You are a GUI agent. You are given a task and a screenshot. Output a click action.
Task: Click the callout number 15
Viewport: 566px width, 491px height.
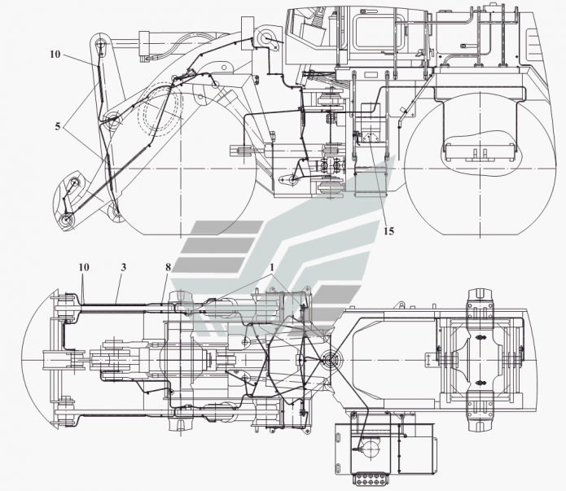388,231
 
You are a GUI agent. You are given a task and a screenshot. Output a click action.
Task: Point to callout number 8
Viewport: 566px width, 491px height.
169,266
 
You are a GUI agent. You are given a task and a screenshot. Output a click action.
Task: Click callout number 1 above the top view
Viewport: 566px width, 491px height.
274,266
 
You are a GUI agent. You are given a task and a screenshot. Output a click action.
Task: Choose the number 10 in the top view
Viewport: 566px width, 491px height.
84,266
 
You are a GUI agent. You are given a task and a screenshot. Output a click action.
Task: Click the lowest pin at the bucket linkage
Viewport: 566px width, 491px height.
67,220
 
